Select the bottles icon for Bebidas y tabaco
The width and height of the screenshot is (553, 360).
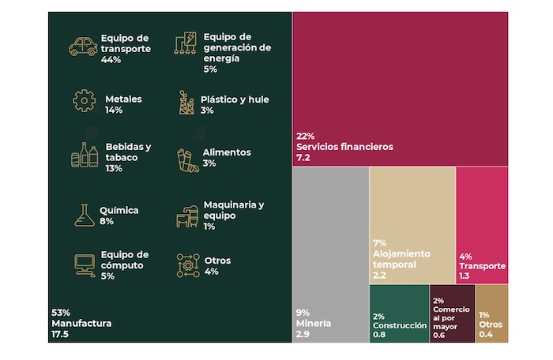click(x=85, y=156)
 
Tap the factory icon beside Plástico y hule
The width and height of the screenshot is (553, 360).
click(x=186, y=102)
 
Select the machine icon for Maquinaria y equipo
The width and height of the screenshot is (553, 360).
click(x=186, y=215)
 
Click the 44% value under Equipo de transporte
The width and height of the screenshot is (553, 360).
click(x=111, y=60)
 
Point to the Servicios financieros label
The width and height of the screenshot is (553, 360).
click(x=344, y=147)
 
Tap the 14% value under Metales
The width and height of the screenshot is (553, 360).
click(x=114, y=111)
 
